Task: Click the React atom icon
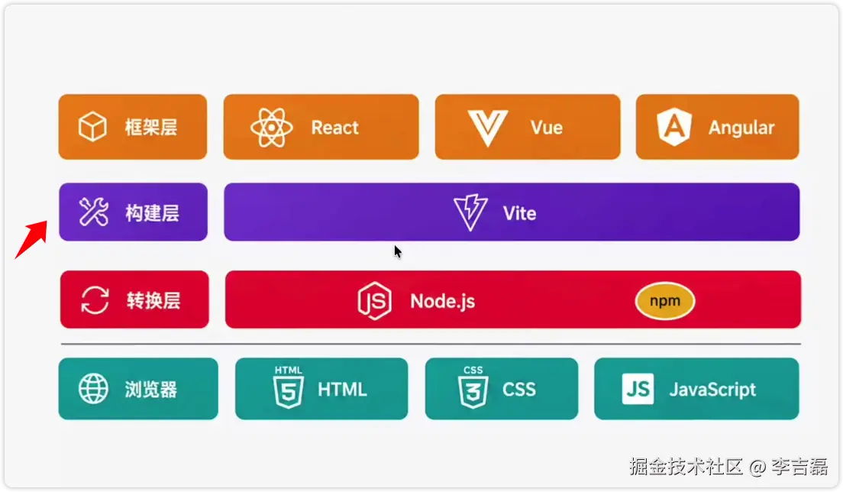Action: [272, 128]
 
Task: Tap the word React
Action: [334, 128]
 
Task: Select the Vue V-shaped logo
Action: [488, 128]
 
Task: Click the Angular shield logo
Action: [674, 127]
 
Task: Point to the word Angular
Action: [741, 128]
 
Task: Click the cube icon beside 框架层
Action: [92, 127]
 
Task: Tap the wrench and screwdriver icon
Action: [94, 212]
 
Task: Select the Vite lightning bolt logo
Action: [470, 212]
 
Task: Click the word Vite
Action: [519, 213]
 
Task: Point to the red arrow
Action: [31, 239]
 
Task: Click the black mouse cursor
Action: [398, 251]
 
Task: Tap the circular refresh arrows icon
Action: [95, 299]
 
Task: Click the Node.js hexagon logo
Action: [374, 300]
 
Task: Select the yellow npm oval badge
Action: [665, 301]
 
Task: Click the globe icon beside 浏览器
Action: [94, 389]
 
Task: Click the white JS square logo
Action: [638, 389]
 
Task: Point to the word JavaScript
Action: [712, 390]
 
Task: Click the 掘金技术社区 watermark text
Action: [686, 466]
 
